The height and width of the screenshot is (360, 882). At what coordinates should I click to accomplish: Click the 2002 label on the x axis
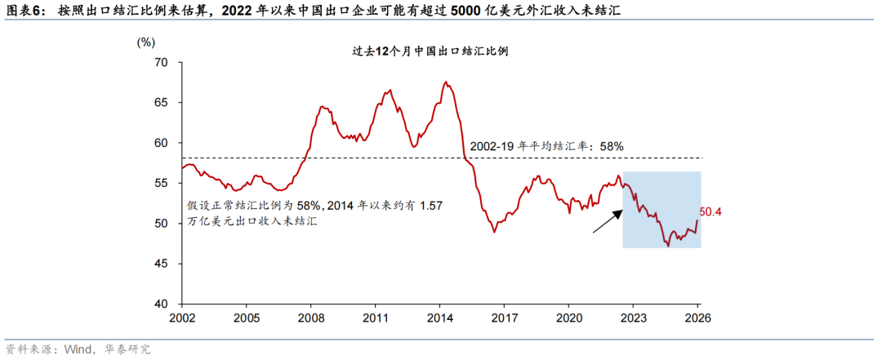(181, 318)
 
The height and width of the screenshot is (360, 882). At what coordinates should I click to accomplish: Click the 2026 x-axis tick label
(697, 318)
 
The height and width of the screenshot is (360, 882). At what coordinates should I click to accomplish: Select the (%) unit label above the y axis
(145, 42)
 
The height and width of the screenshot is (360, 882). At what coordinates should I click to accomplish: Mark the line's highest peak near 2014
(444, 82)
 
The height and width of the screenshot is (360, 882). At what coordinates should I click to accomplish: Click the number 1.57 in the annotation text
(429, 207)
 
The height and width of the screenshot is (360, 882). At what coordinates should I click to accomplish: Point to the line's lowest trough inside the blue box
(668, 245)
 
